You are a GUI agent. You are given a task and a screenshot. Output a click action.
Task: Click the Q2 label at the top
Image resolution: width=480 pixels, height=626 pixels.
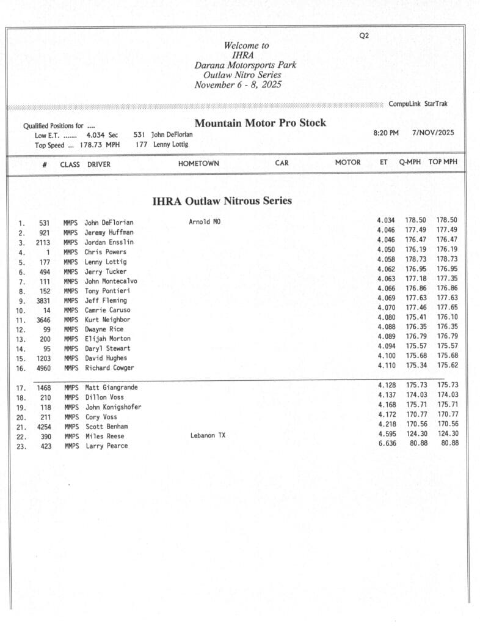[364, 35]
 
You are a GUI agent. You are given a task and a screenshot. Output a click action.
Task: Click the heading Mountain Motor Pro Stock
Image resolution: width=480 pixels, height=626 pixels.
[260, 123]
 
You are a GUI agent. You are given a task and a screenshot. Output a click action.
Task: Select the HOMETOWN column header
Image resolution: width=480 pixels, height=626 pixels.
[198, 163]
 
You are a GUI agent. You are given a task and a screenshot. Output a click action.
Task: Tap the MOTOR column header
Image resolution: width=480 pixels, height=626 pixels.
[347, 163]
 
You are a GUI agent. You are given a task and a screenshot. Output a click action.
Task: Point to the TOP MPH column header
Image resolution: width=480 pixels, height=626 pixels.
[443, 163]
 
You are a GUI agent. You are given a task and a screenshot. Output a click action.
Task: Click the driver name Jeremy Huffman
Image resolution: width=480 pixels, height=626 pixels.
[109, 232]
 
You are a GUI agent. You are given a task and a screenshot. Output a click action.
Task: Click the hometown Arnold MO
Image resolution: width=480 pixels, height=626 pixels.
[205, 222]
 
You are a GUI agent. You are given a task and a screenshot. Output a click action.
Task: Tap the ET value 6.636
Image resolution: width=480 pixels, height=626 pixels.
[387, 443]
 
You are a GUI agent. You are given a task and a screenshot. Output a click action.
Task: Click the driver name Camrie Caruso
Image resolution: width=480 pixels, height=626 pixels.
[107, 310]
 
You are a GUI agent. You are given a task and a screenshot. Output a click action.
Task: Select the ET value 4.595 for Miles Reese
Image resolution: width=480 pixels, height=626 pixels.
[387, 433]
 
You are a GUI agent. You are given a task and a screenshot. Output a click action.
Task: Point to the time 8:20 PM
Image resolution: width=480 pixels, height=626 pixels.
[386, 133]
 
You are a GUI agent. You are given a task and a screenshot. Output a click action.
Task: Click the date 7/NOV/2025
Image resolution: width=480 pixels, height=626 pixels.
[434, 133]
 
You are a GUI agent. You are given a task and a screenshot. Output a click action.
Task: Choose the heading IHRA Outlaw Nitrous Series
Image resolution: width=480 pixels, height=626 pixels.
[222, 201]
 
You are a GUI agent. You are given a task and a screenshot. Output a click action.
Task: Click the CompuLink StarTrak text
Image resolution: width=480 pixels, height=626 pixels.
[418, 104]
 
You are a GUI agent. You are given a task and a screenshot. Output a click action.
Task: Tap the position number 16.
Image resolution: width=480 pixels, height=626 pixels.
[21, 369]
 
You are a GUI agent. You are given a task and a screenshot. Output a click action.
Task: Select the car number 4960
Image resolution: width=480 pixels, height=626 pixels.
[43, 368]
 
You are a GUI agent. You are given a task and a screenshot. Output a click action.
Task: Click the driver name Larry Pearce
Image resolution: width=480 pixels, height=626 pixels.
[106, 446]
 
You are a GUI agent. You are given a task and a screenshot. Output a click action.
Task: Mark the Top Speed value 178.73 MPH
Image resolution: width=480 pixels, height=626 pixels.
[100, 145]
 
